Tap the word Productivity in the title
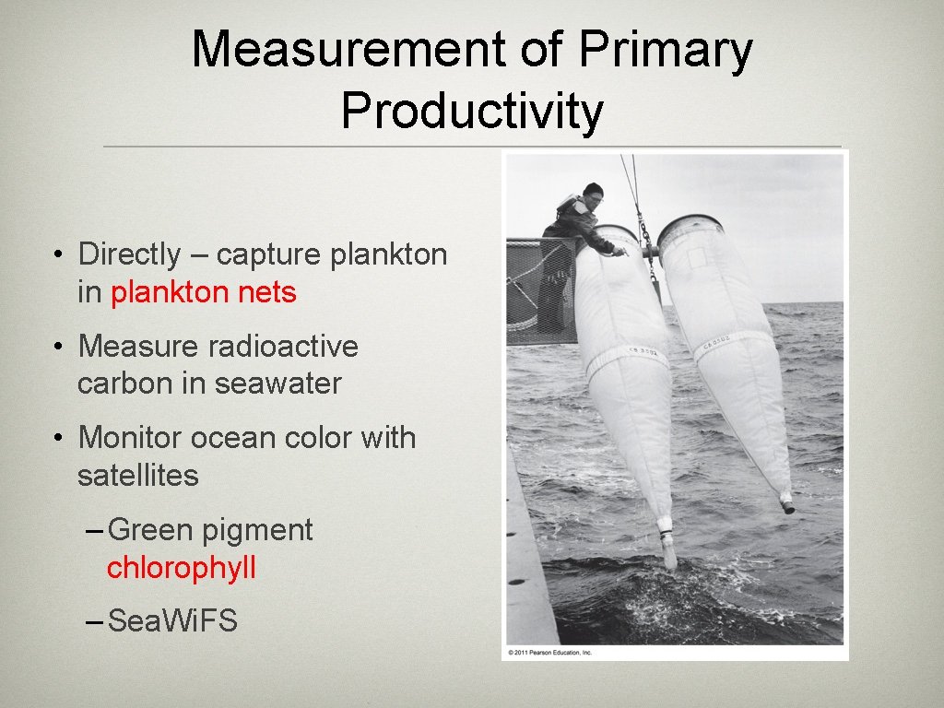tap(472, 112)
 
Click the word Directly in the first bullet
tap(130, 254)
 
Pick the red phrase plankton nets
tap(204, 292)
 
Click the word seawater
tap(277, 383)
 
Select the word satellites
tap(138, 476)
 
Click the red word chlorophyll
tap(182, 568)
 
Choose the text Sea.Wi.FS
tap(172, 621)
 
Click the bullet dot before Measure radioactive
tap(58, 347)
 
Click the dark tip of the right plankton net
tap(787, 505)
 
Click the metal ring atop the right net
tap(690, 221)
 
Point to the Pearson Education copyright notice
tap(549, 653)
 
